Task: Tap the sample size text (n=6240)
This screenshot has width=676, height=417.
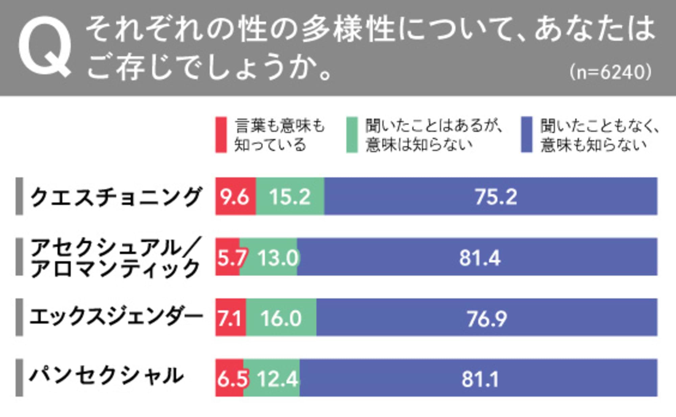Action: pos(610,72)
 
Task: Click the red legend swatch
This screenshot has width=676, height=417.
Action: pos(221,135)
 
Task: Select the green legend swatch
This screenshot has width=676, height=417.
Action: pos(352,135)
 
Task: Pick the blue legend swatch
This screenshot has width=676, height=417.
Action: pos(527,135)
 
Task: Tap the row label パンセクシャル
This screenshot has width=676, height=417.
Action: pos(106,376)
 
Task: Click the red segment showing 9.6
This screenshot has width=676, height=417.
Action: pos(236,196)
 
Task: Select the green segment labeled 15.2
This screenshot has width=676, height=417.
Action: pos(290,196)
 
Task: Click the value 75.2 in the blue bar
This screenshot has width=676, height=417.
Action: pos(496,196)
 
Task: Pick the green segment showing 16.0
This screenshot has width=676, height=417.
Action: pos(281,318)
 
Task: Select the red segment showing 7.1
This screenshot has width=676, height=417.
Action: pos(231,318)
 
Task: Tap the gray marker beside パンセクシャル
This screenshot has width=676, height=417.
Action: pos(19,377)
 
